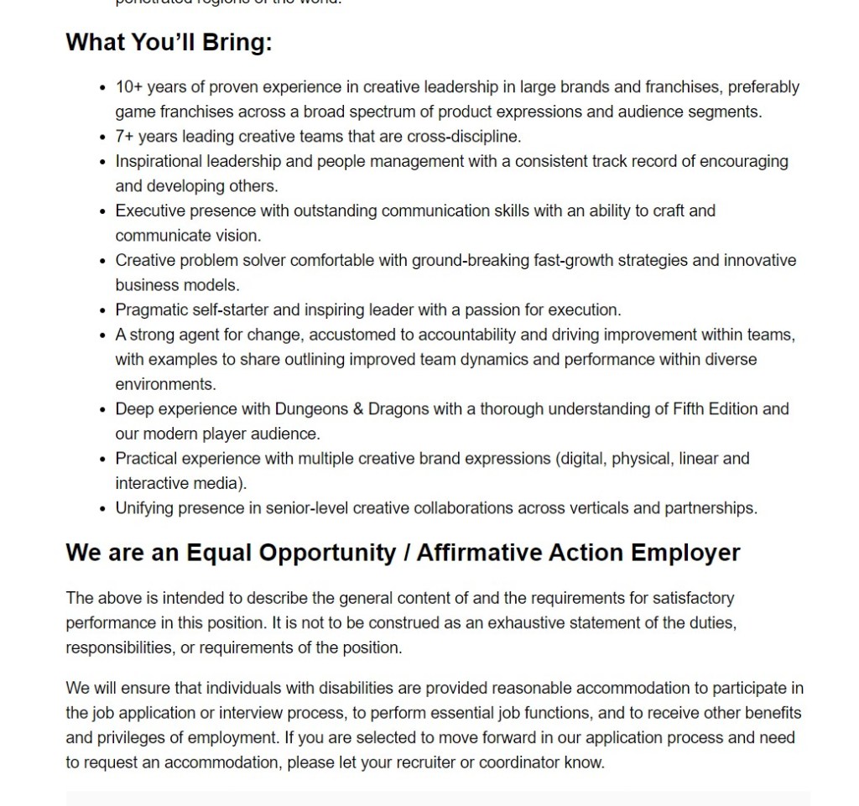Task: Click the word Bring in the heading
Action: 237,43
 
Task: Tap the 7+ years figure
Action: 125,137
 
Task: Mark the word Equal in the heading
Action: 219,553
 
